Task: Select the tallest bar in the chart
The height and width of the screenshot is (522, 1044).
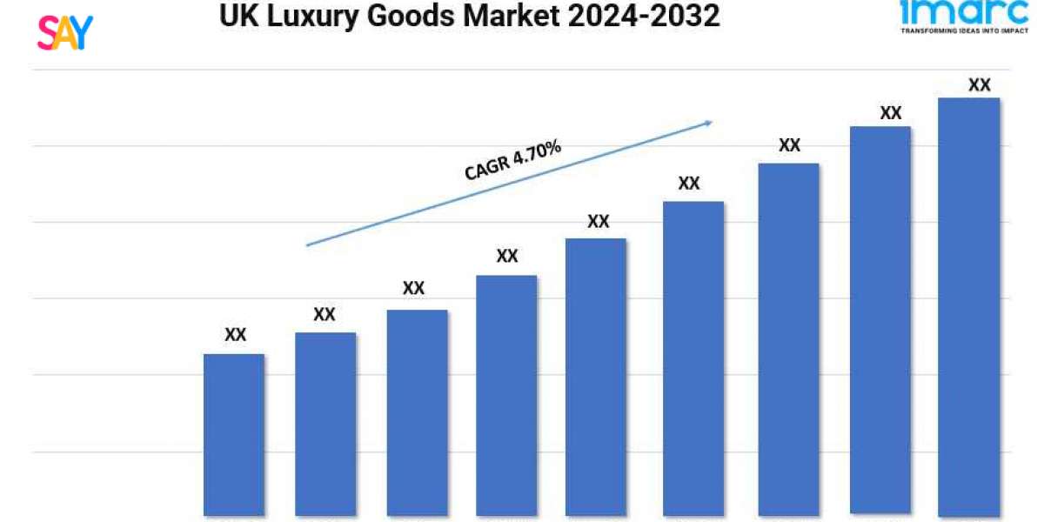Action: [x=969, y=304]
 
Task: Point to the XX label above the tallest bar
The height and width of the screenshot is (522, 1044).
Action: [x=980, y=85]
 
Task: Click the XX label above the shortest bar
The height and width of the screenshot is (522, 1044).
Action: [x=235, y=334]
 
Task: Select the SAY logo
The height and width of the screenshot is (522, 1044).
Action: [x=64, y=31]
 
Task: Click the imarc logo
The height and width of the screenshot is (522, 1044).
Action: [x=964, y=13]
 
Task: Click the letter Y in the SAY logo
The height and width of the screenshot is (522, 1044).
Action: [x=83, y=31]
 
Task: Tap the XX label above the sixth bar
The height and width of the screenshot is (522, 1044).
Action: [x=689, y=184]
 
